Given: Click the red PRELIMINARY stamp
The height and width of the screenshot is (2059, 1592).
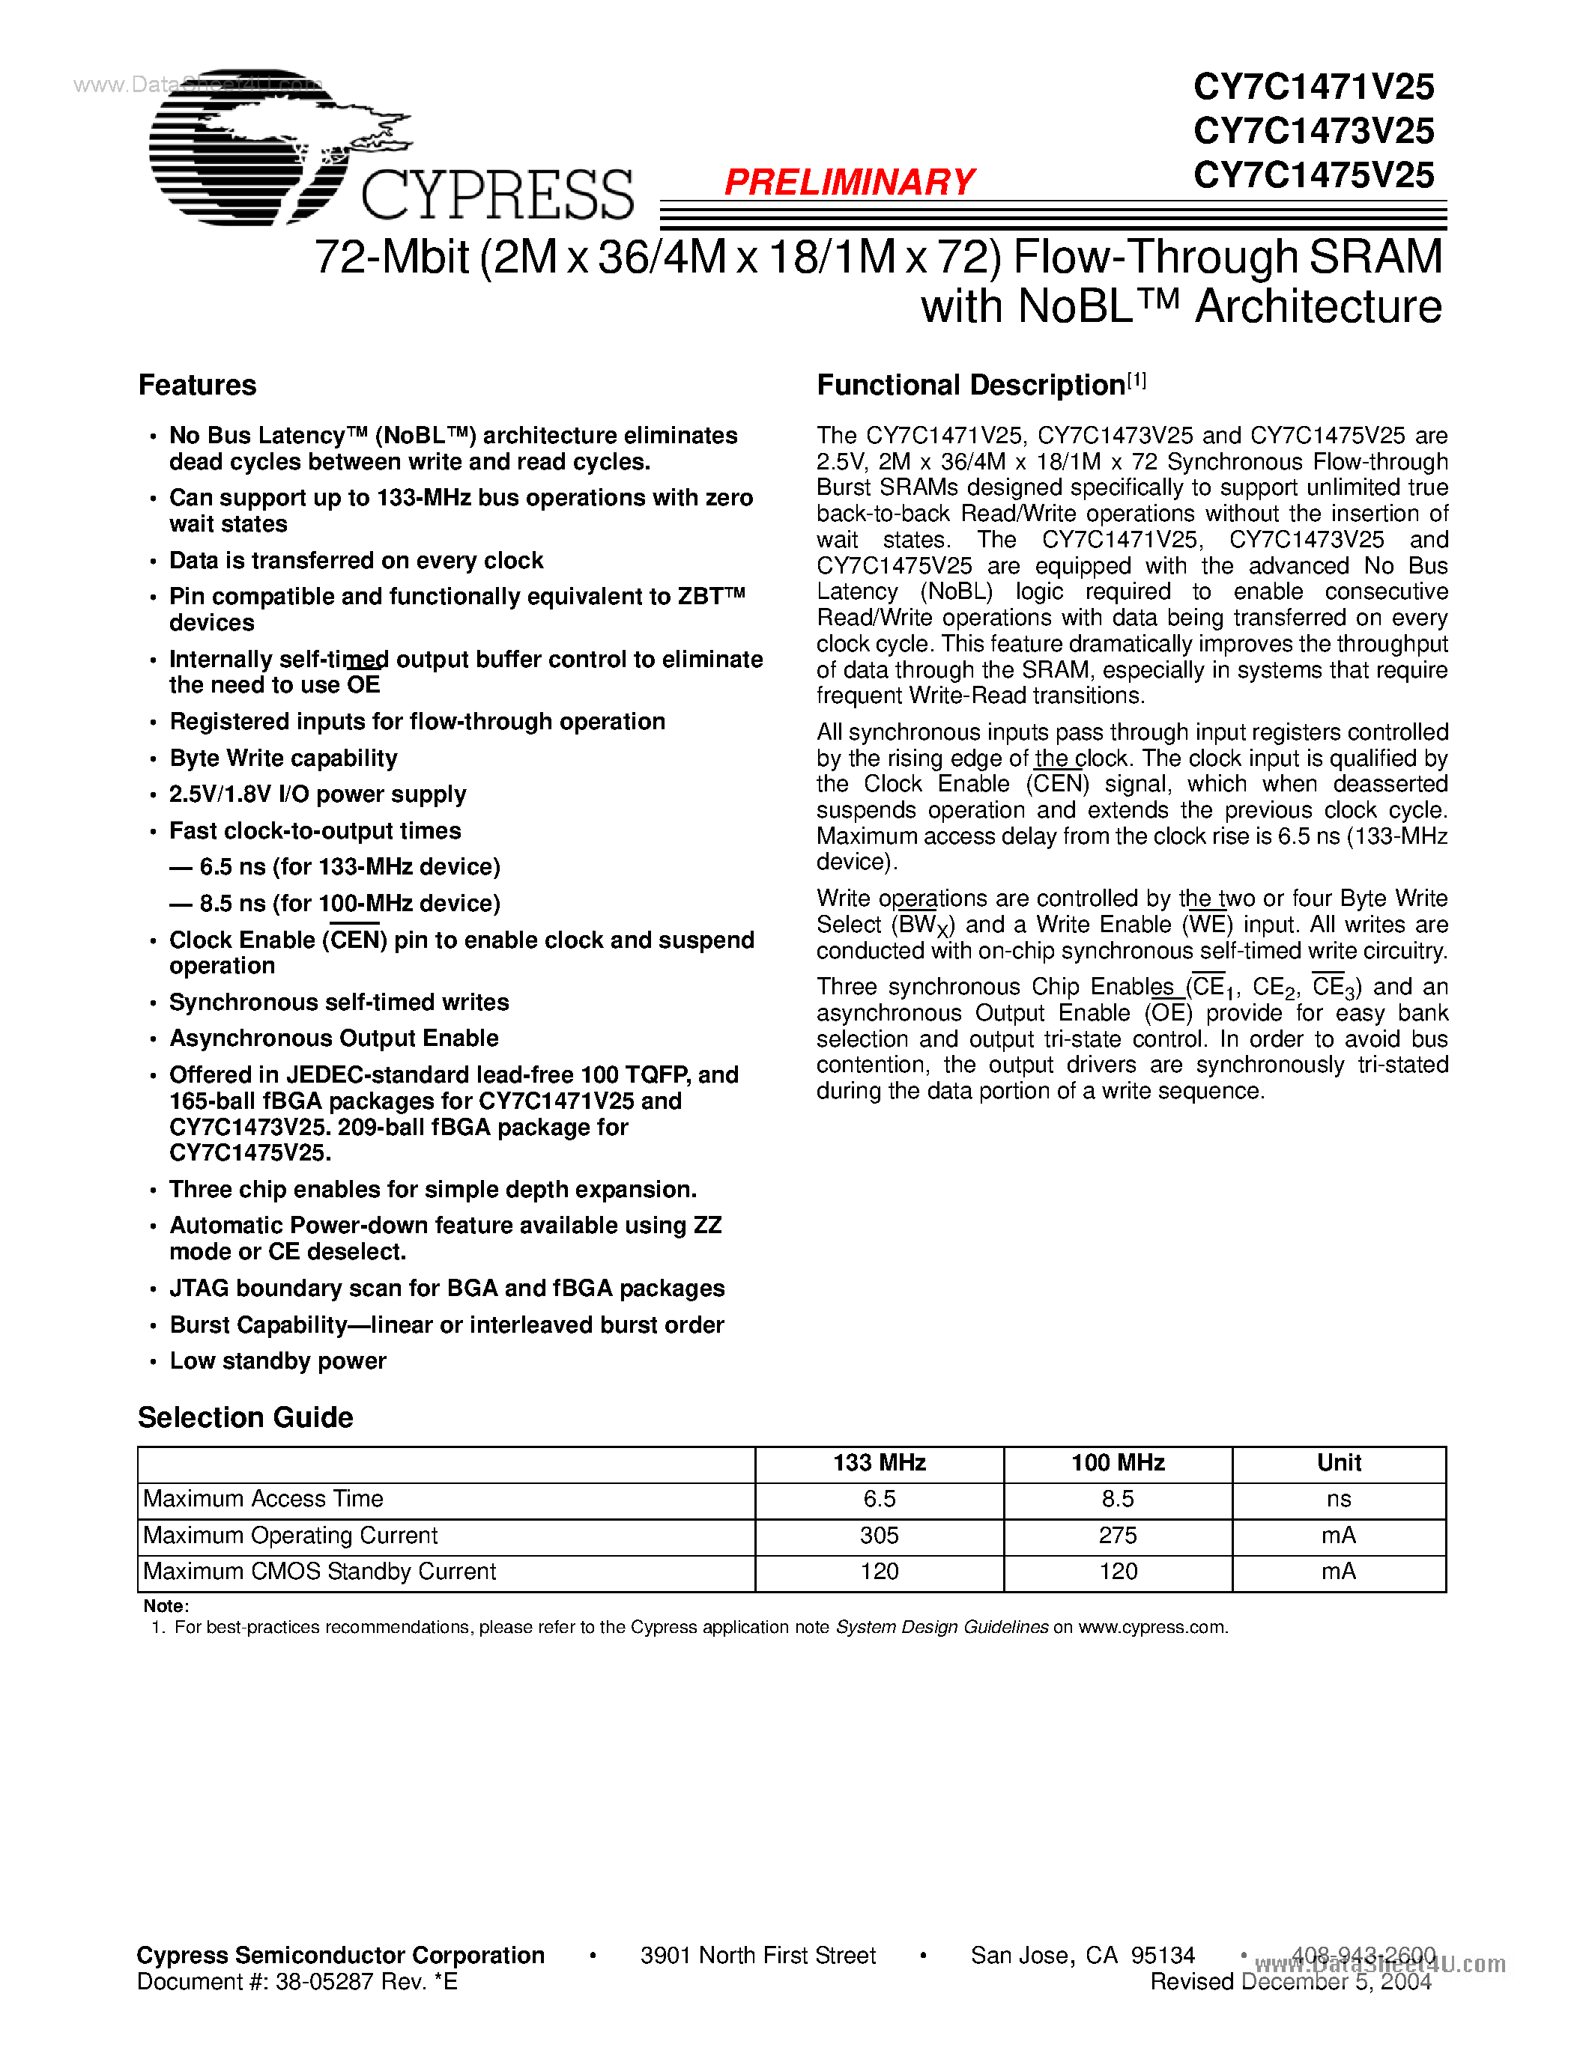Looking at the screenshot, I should click(x=849, y=182).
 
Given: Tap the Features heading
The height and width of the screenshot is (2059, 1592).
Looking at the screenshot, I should click(x=197, y=385).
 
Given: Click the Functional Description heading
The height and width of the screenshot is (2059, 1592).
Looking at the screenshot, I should click(x=972, y=385).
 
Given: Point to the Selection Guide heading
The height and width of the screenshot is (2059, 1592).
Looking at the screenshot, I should click(x=245, y=1417).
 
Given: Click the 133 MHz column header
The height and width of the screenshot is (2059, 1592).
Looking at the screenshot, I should click(x=879, y=1462).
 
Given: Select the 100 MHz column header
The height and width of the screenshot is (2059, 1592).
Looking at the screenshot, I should click(x=1118, y=1462).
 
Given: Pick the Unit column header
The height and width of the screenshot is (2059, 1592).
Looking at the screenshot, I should click(x=1338, y=1462).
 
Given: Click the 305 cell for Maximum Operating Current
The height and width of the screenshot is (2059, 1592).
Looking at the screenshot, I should click(x=879, y=1535).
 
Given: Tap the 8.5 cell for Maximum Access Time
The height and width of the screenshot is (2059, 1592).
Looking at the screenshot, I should click(x=1118, y=1499).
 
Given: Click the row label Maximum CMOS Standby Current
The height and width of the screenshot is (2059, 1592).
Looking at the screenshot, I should click(x=320, y=1572).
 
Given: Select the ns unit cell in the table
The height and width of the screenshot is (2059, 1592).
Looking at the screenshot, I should click(x=1338, y=1499).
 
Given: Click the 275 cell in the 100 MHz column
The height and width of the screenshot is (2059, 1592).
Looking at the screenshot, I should click(x=1118, y=1535).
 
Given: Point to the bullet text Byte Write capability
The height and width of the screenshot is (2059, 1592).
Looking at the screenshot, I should click(x=283, y=758).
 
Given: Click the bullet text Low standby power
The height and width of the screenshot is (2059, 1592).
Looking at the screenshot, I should click(x=278, y=1360).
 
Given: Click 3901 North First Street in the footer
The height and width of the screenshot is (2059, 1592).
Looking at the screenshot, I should click(x=758, y=1955).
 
